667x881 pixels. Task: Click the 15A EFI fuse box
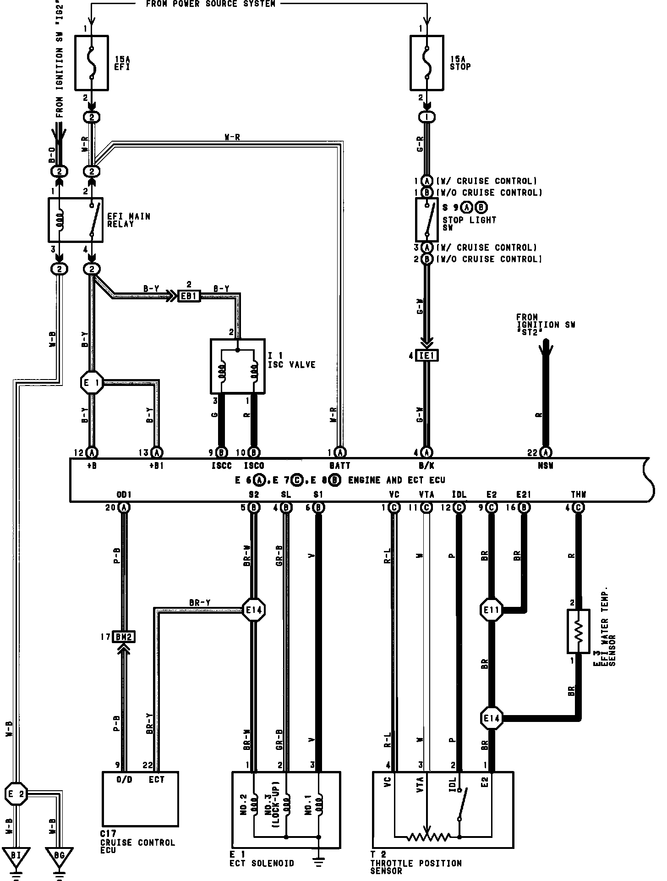click(x=92, y=63)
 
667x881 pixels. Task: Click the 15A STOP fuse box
click(x=426, y=63)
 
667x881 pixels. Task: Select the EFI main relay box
click(x=76, y=220)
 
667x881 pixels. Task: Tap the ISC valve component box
click(x=237, y=366)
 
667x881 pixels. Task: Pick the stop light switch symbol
click(x=427, y=220)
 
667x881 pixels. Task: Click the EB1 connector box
click(x=189, y=296)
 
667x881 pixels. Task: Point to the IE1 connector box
click(x=427, y=355)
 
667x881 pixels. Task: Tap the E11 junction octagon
click(x=491, y=610)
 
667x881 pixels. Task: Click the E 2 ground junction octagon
click(x=16, y=793)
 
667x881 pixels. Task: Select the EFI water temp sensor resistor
click(x=578, y=631)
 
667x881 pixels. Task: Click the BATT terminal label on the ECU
click(x=339, y=466)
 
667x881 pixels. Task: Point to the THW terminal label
click(x=578, y=495)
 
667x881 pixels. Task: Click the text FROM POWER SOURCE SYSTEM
click(x=211, y=4)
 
